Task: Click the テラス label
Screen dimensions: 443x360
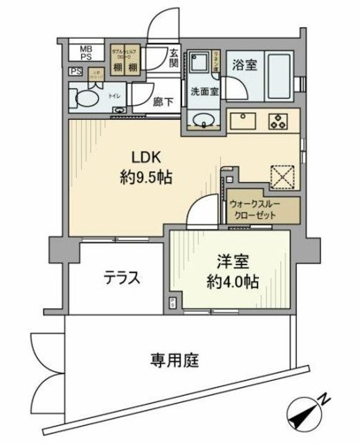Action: [x=122, y=278]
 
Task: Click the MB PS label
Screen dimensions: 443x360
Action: [x=85, y=53]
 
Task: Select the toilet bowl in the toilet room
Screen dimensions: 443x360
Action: [x=86, y=98]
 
